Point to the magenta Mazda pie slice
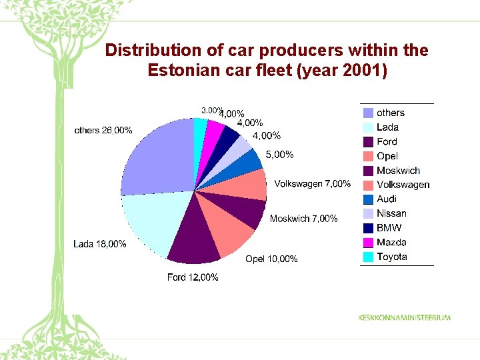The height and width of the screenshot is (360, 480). click(213, 134)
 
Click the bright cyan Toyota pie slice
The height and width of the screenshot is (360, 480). click(200, 130)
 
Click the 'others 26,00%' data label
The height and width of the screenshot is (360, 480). click(103, 130)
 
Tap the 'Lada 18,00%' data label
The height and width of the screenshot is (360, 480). click(99, 244)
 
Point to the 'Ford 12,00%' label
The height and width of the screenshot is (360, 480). click(193, 277)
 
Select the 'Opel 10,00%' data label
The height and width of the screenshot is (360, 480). click(271, 259)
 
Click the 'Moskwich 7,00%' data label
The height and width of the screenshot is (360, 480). click(303, 219)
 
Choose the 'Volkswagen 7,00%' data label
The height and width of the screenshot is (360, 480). click(312, 183)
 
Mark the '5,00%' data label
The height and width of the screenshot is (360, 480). click(279, 155)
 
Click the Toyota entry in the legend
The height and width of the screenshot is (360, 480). click(391, 257)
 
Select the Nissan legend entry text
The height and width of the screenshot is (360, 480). click(391, 213)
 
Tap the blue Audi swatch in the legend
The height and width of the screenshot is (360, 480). click(368, 199)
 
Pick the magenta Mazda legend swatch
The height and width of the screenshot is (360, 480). click(368, 242)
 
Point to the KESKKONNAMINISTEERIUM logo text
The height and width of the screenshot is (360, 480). click(404, 317)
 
